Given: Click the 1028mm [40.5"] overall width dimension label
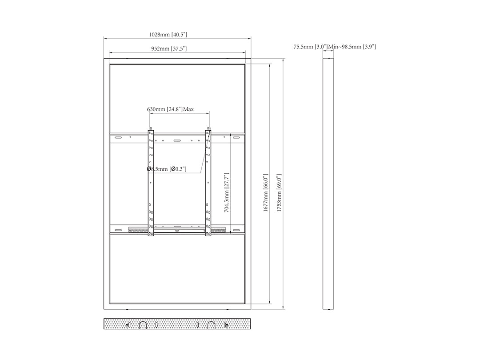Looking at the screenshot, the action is tap(168, 35).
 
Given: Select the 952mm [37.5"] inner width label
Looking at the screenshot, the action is tap(169, 49).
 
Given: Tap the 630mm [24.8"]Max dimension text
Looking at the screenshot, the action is tap(170, 109).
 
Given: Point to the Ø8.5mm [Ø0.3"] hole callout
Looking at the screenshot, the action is tap(167, 169).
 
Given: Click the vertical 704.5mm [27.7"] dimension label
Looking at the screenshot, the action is tap(227, 193).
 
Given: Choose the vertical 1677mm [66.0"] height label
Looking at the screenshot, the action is tap(266, 192).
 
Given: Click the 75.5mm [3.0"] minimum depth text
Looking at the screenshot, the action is tap(311, 47).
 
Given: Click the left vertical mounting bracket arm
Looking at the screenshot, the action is tap(151, 183).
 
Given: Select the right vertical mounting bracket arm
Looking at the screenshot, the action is tap(208, 183).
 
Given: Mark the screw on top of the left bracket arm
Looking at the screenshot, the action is tap(151, 128).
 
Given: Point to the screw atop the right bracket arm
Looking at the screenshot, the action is tap(208, 128).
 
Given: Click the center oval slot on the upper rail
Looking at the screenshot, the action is tap(177, 141).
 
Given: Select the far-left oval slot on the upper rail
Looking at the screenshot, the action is tap(118, 137).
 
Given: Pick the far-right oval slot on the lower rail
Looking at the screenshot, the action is tap(236, 230).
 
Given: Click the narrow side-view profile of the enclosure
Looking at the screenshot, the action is tap(328, 184).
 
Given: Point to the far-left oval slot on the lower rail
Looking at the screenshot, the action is tap(118, 230).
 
